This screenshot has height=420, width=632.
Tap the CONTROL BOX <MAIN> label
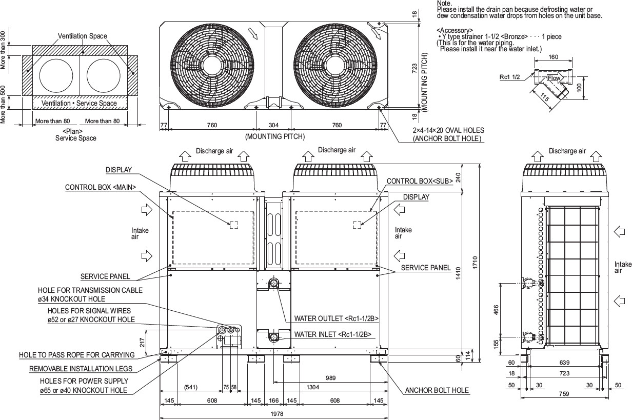[101, 188]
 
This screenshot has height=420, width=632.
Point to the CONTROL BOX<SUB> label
[419, 181]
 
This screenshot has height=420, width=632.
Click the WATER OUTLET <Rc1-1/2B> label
[337, 318]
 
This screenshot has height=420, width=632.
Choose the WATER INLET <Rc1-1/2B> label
[333, 335]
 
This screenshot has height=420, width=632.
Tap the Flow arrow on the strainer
[555, 78]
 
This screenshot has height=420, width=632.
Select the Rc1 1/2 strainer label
[510, 77]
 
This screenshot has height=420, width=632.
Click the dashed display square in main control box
[233, 225]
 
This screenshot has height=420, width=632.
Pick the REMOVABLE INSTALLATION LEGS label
[81, 368]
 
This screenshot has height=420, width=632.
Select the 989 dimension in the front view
[331, 378]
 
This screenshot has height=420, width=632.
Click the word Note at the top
[444, 3]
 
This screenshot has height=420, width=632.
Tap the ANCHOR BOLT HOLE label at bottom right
[437, 390]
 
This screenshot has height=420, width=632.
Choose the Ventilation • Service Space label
[79, 103]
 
